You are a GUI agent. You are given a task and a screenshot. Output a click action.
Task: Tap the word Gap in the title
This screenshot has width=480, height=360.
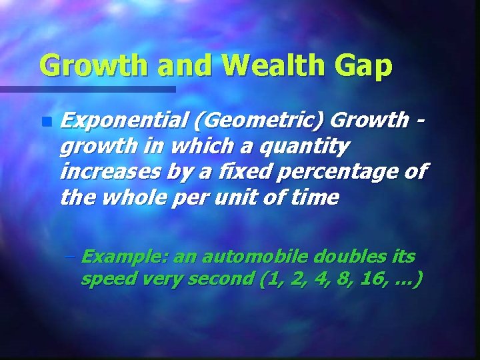click(x=366, y=65)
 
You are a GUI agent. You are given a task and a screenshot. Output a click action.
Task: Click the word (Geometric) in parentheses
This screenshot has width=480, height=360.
click(x=255, y=121)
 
